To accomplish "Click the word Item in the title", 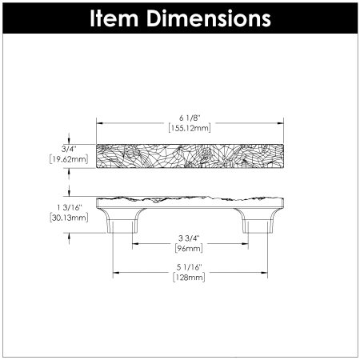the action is (x=114, y=18).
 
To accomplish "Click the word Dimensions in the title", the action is (x=209, y=18).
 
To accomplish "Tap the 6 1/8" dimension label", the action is (x=190, y=118).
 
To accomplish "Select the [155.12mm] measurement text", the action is (x=190, y=128).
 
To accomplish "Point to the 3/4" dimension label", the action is (x=69, y=149).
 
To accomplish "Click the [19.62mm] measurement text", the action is (x=69, y=159).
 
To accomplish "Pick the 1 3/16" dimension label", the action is (x=70, y=207).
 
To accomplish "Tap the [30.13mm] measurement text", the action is (x=69, y=218).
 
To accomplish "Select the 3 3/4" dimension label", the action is (x=189, y=238).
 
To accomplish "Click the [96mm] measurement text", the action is (x=189, y=249).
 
